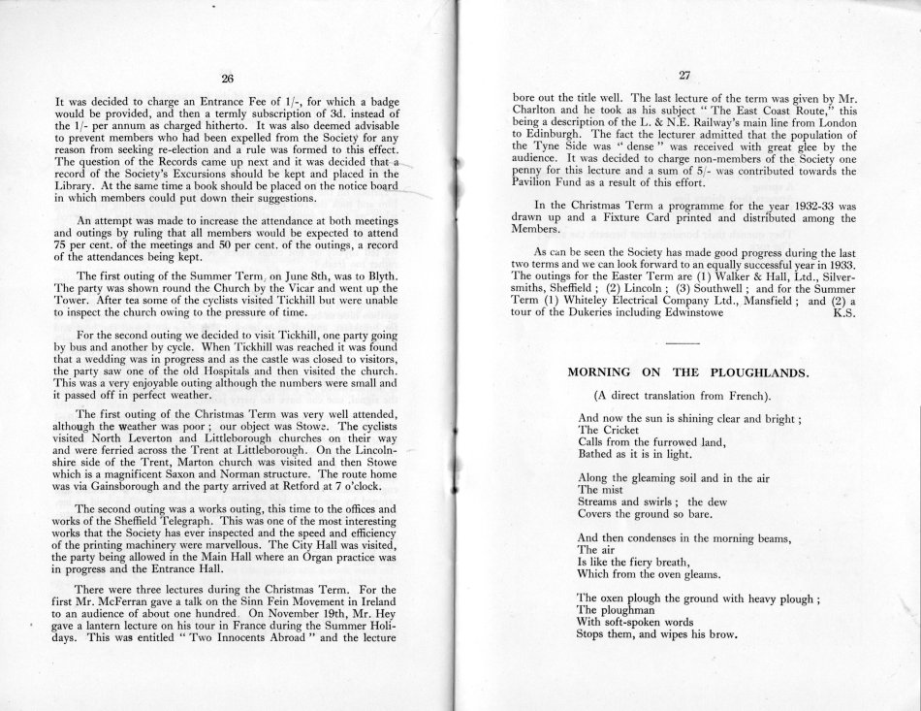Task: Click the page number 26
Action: pos(228,79)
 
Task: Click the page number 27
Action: pos(683,76)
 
